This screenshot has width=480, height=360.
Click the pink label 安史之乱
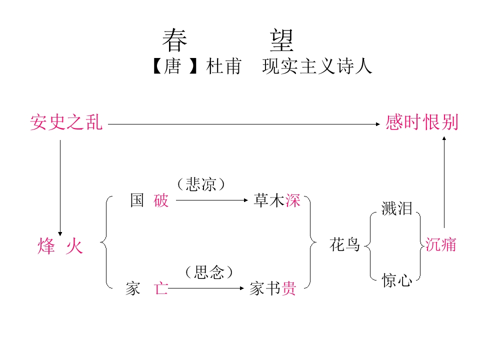(x=66, y=122)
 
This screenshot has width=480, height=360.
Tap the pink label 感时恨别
(x=421, y=122)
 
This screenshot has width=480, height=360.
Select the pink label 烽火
(x=60, y=246)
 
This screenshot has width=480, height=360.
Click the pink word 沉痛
(x=440, y=244)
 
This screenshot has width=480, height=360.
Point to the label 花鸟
(x=344, y=245)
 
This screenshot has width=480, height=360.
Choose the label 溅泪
(x=396, y=209)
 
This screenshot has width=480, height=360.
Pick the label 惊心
(x=396, y=280)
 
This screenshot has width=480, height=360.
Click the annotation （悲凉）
(x=201, y=184)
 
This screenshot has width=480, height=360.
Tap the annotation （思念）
(x=208, y=272)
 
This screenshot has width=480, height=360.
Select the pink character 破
(x=161, y=201)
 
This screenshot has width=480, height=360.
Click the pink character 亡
(x=161, y=288)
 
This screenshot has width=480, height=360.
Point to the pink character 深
(x=293, y=201)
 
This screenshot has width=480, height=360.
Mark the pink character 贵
(x=289, y=288)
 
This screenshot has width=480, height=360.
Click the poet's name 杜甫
(x=223, y=66)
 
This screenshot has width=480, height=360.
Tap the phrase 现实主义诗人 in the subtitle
(x=317, y=66)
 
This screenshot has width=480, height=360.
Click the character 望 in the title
(x=282, y=41)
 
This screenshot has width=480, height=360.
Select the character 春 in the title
(x=174, y=41)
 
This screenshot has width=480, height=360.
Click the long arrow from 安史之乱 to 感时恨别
(x=244, y=124)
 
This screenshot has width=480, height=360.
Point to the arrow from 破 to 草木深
(x=212, y=200)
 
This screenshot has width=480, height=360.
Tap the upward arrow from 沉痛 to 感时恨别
(x=443, y=182)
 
